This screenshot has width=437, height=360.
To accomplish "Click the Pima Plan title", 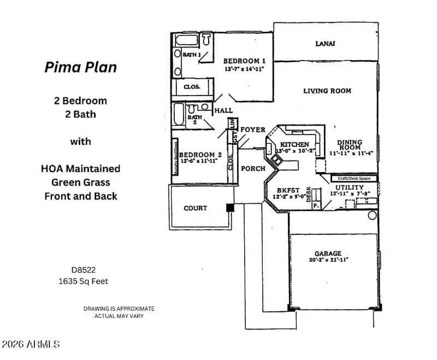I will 80,67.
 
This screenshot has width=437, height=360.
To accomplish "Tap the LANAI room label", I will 325,44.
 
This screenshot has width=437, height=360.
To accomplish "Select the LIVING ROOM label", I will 327,91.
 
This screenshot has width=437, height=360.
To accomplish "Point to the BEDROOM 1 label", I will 244,61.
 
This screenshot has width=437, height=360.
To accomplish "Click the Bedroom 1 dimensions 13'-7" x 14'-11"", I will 244,69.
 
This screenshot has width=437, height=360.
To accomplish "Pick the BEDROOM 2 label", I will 200,155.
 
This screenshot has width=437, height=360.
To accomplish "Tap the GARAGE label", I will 328,253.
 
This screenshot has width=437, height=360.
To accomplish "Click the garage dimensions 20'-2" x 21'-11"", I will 328,261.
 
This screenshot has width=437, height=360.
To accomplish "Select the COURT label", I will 195,208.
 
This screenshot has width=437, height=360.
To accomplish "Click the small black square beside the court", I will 230,208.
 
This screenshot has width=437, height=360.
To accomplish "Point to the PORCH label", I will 253,168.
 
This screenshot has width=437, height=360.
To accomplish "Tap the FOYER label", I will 252,129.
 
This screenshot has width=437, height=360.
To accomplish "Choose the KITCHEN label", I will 294,144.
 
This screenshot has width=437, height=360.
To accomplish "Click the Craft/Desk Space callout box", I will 354,178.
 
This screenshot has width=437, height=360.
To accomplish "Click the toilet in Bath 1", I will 206,39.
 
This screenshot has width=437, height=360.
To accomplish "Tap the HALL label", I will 223,110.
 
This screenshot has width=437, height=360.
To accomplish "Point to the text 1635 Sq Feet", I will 83,282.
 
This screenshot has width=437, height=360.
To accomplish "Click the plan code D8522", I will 83,270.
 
